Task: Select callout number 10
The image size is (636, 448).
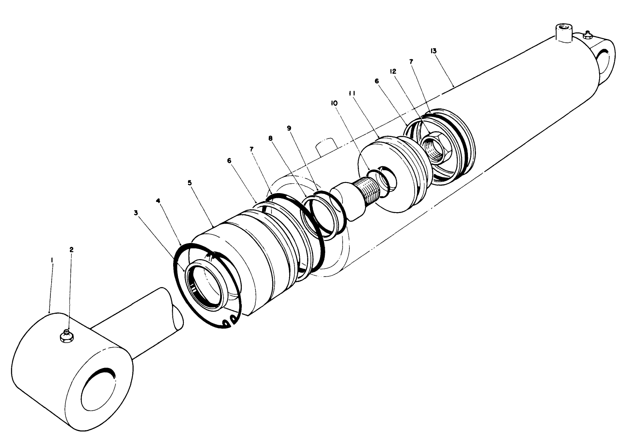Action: click(x=334, y=103)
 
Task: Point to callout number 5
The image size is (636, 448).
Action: click(x=190, y=183)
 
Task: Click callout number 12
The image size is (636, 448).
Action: click(x=393, y=72)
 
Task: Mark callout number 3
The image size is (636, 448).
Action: click(x=136, y=213)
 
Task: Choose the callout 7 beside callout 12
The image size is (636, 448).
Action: click(x=412, y=61)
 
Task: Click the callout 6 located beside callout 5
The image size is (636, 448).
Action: click(x=230, y=161)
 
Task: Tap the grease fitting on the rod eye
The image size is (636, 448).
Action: click(x=66, y=335)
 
